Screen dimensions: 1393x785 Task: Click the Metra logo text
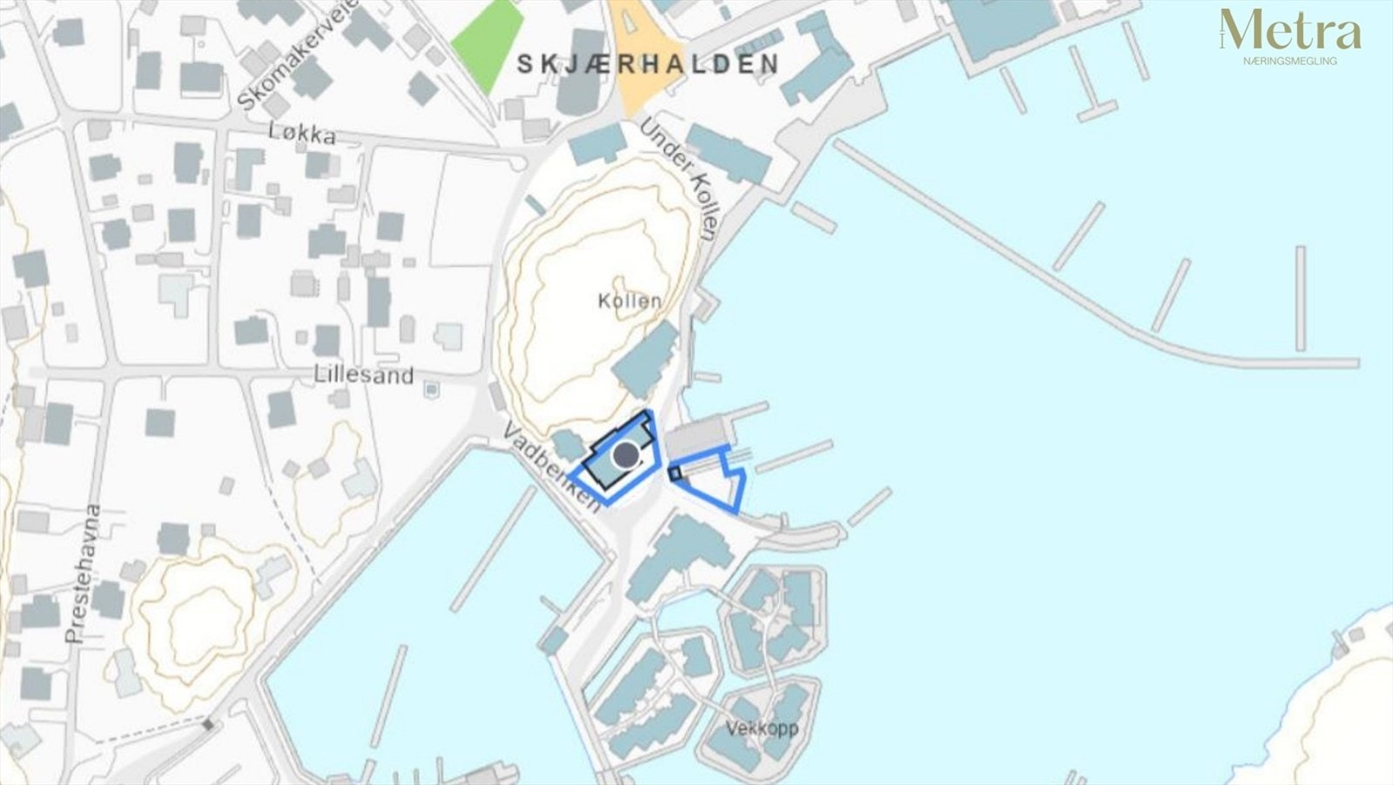1290,32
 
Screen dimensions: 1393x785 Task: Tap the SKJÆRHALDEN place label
648,64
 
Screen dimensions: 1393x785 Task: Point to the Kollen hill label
629,301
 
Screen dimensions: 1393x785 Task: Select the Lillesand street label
364,376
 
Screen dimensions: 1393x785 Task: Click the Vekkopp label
762,727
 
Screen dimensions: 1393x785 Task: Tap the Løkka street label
303,134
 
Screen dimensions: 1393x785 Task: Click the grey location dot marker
625,455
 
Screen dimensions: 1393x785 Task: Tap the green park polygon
488,44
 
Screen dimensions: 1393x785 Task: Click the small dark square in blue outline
675,473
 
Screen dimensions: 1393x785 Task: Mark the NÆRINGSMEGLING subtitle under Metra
1290,61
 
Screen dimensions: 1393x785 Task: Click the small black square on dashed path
208,724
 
